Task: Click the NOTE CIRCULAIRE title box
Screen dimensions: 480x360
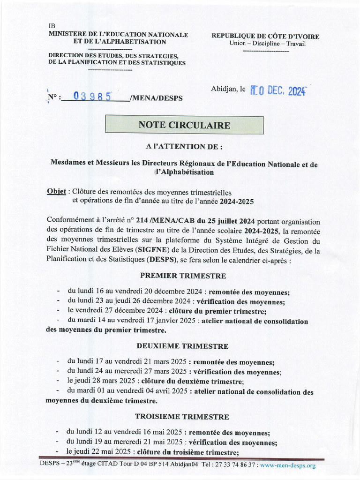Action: [x=184, y=125]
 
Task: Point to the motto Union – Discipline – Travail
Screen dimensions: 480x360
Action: [x=267, y=44]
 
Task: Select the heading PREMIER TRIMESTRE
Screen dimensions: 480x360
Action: [x=183, y=276]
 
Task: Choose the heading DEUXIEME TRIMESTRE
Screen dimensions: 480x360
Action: [x=182, y=346]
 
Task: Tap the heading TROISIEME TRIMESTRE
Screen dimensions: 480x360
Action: [x=182, y=416]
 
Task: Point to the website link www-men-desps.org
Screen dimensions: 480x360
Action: [x=288, y=465]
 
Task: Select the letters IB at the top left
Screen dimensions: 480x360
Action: [x=52, y=26]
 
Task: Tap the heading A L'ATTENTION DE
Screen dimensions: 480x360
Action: [x=184, y=147]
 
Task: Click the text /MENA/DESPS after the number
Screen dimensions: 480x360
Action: [x=157, y=98]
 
